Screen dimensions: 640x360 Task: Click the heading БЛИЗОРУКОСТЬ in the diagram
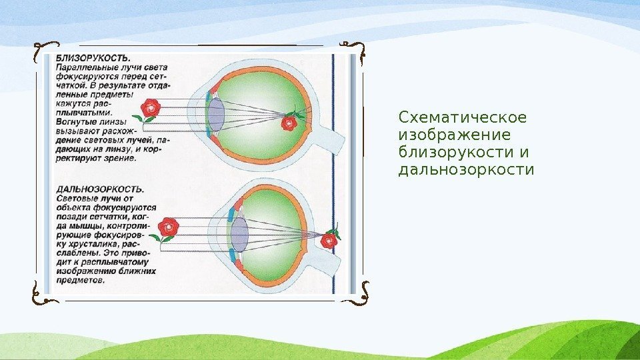[x=93, y=58]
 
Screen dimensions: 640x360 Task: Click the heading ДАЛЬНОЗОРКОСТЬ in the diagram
[x=99, y=189]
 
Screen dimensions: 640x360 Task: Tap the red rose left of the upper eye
[x=150, y=108]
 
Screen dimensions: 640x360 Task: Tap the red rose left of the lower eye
[x=168, y=227]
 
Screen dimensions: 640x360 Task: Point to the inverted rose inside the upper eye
[x=289, y=121]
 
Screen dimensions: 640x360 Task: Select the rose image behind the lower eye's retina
[x=329, y=239]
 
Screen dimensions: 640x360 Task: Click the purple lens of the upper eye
[x=215, y=115]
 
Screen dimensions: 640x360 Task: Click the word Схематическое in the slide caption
[x=462, y=118]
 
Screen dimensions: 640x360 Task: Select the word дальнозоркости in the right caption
[x=466, y=170]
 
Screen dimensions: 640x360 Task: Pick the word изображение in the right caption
[x=445, y=135]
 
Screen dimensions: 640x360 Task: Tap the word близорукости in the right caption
[x=451, y=153]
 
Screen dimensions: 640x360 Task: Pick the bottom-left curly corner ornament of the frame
[x=41, y=291]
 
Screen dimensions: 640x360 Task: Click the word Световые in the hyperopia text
[x=76, y=199]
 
